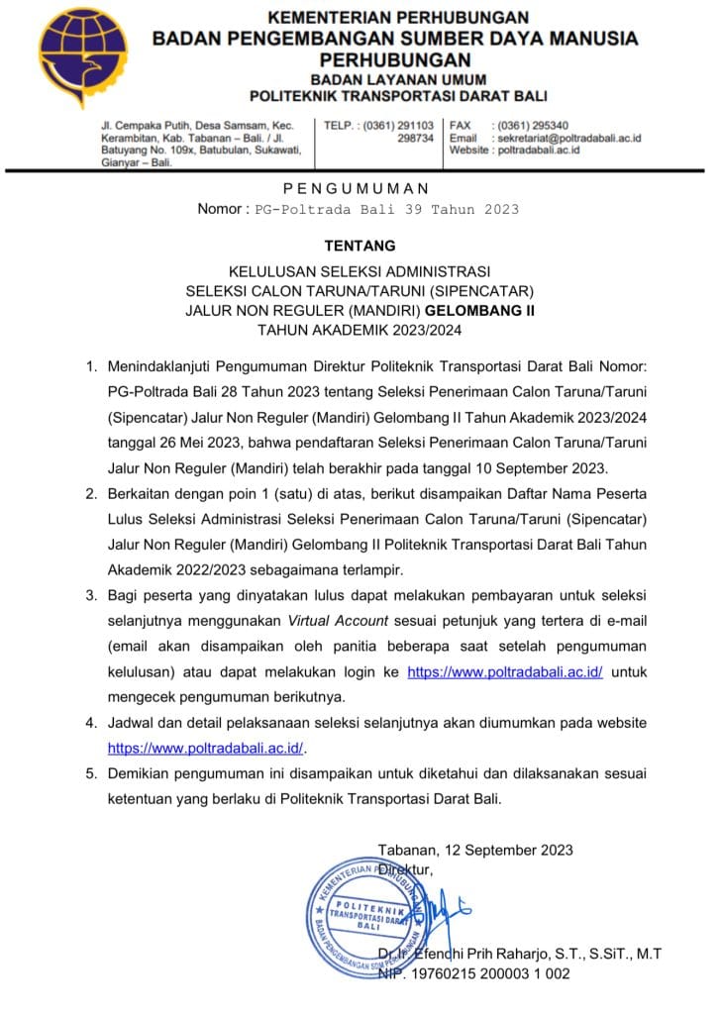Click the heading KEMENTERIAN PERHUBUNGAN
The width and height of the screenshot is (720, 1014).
[x=399, y=18]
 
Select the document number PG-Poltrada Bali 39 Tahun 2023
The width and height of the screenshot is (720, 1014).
[x=386, y=210]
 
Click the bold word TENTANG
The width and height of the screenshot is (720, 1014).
[x=359, y=245]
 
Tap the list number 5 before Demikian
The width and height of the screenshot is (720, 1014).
[x=90, y=773]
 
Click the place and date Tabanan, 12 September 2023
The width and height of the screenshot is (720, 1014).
[x=475, y=850]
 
